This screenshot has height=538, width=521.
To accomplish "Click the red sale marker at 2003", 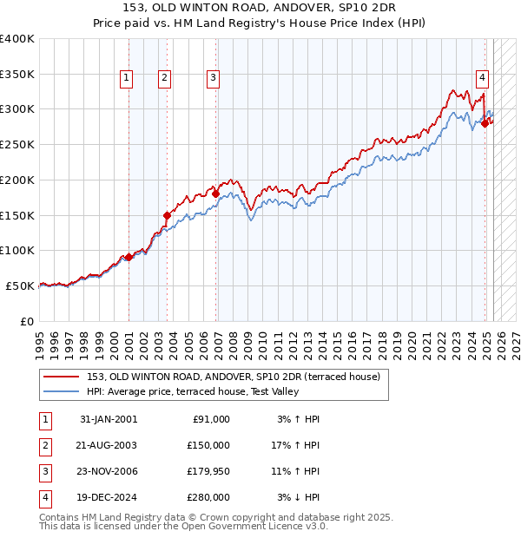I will coord(167,214).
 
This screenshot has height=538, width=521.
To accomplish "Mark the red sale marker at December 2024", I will coord(485,123).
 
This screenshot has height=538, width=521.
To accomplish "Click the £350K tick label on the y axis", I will coord(16,75).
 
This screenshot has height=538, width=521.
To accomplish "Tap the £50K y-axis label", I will coord(20,285).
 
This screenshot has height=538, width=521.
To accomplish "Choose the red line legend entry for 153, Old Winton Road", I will coord(234,377).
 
